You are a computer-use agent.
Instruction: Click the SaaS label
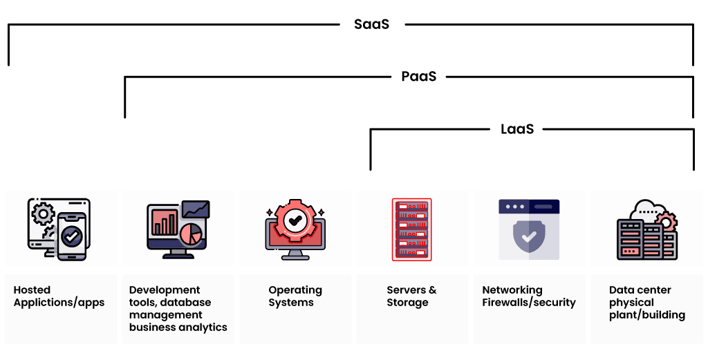(371, 24)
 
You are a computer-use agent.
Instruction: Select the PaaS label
(419, 77)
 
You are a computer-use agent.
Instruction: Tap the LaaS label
(517, 129)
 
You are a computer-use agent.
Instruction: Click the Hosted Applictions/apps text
(59, 296)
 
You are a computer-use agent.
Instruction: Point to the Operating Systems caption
(295, 296)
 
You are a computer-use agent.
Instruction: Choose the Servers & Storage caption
(411, 296)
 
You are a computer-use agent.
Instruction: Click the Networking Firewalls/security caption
(529, 296)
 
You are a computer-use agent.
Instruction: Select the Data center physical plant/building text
(647, 303)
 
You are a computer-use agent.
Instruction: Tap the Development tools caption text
(178, 309)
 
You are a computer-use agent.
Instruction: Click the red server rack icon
(412, 229)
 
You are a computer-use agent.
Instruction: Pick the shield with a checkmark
(529, 236)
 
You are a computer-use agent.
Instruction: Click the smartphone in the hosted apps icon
(72, 236)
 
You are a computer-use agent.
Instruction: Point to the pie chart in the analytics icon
(192, 234)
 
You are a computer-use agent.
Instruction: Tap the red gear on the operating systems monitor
(295, 221)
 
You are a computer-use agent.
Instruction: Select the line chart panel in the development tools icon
(196, 209)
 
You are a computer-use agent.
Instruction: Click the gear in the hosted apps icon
(43, 214)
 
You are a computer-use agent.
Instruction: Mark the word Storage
(407, 303)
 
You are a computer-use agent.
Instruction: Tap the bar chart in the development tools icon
(165, 221)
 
